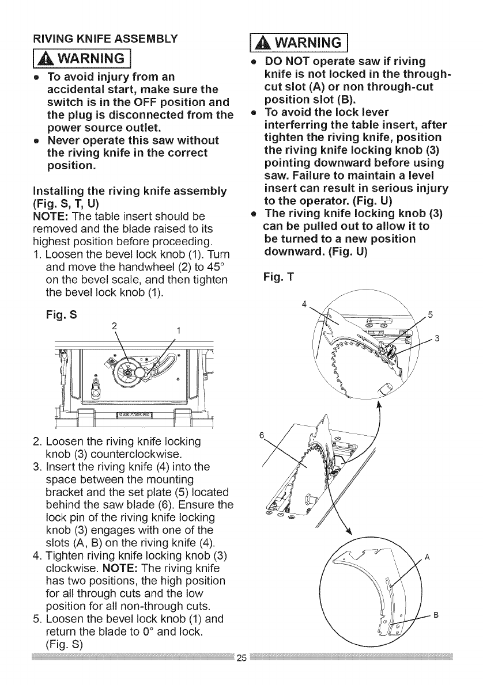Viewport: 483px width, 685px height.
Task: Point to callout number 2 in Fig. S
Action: [115, 326]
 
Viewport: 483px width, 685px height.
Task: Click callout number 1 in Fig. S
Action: [179, 330]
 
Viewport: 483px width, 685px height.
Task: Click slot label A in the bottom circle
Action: [427, 557]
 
